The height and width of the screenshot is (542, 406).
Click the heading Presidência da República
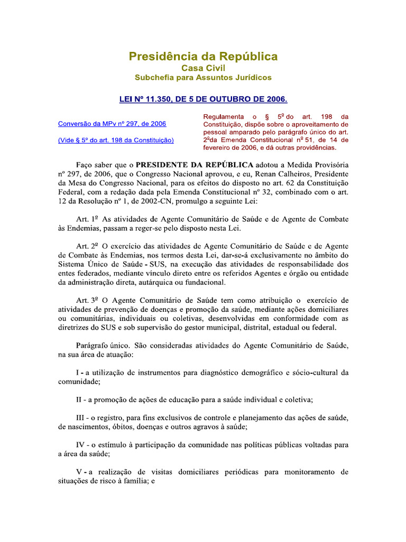pos(203,57)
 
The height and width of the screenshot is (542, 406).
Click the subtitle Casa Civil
pos(203,68)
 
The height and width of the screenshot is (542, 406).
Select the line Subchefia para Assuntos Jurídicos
pos(203,77)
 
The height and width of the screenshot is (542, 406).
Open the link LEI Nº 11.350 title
pos(203,99)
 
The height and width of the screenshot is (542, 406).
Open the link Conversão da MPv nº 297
pos(112,124)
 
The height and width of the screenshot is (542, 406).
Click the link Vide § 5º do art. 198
pos(116,140)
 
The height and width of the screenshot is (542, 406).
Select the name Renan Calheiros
pos(281,173)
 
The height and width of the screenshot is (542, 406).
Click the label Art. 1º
pos(87,219)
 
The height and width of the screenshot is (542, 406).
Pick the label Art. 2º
pos(87,246)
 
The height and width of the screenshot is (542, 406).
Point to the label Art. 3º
pos(87,300)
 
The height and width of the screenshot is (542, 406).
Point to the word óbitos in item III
pos(115,427)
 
